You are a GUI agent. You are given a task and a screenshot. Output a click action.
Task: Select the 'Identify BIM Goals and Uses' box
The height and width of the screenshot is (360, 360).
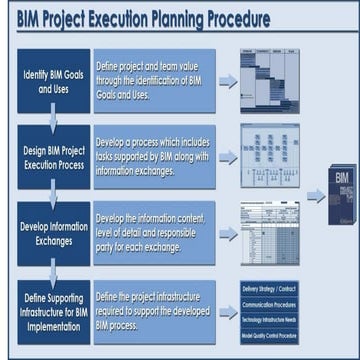click(x=53, y=80)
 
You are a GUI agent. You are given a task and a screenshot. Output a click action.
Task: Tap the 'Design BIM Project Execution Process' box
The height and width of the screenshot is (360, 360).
click(x=53, y=157)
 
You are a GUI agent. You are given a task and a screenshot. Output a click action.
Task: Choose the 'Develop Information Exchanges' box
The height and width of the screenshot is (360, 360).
click(x=53, y=233)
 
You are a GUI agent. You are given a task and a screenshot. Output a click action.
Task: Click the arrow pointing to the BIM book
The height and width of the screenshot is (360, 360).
click(x=315, y=196)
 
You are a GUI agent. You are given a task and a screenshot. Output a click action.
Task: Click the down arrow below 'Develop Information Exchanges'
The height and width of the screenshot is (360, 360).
click(x=53, y=273)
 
